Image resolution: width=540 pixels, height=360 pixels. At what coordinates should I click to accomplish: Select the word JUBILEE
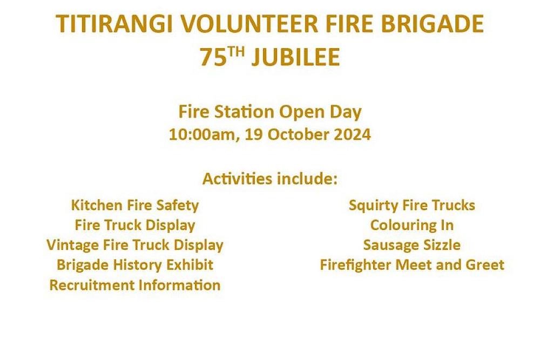[295, 57]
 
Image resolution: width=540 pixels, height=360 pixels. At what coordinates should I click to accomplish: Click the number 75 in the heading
[213, 57]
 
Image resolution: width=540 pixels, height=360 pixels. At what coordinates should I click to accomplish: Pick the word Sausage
[390, 246]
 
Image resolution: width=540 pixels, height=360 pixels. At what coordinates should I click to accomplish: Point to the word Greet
[485, 265]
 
